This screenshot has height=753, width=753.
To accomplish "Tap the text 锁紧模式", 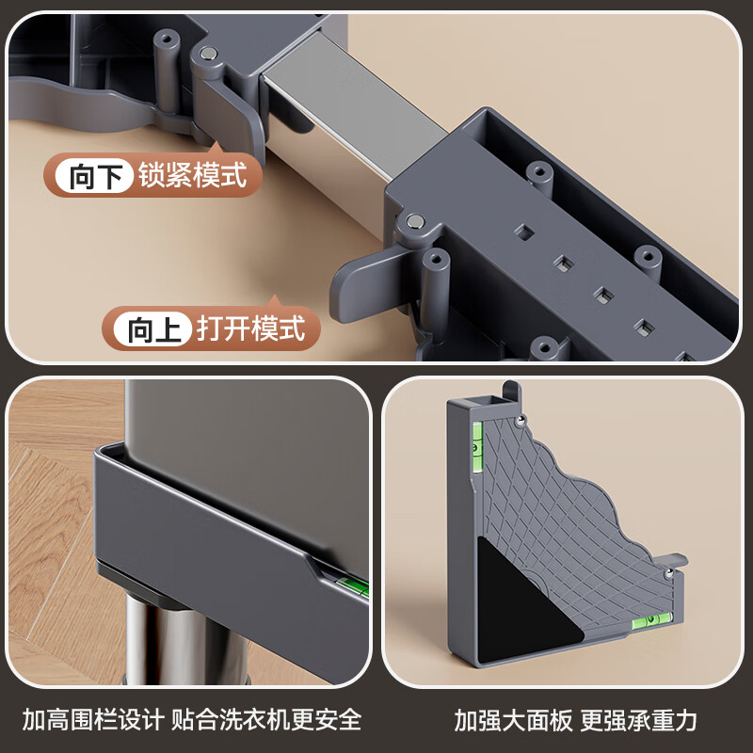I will point(192,175).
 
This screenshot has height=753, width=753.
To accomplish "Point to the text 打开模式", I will point(251,329).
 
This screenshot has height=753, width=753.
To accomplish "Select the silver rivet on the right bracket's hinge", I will point(414,221).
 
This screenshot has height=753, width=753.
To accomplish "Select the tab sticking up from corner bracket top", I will point(510,390).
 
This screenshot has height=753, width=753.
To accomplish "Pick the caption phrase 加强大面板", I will point(512,720).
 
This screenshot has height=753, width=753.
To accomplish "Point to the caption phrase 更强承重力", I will point(639,720).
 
